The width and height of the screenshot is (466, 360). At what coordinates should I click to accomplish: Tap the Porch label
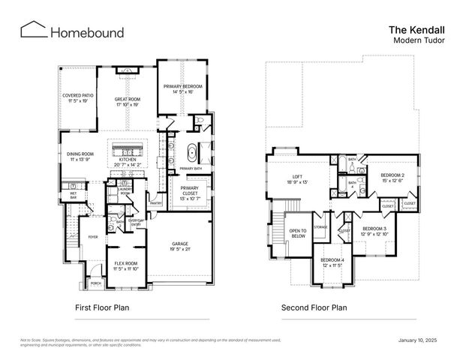(95, 284)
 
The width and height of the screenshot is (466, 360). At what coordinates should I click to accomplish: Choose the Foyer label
(93, 237)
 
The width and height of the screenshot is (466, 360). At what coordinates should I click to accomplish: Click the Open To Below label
(298, 233)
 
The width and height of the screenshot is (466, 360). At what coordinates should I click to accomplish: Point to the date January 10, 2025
(416, 340)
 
